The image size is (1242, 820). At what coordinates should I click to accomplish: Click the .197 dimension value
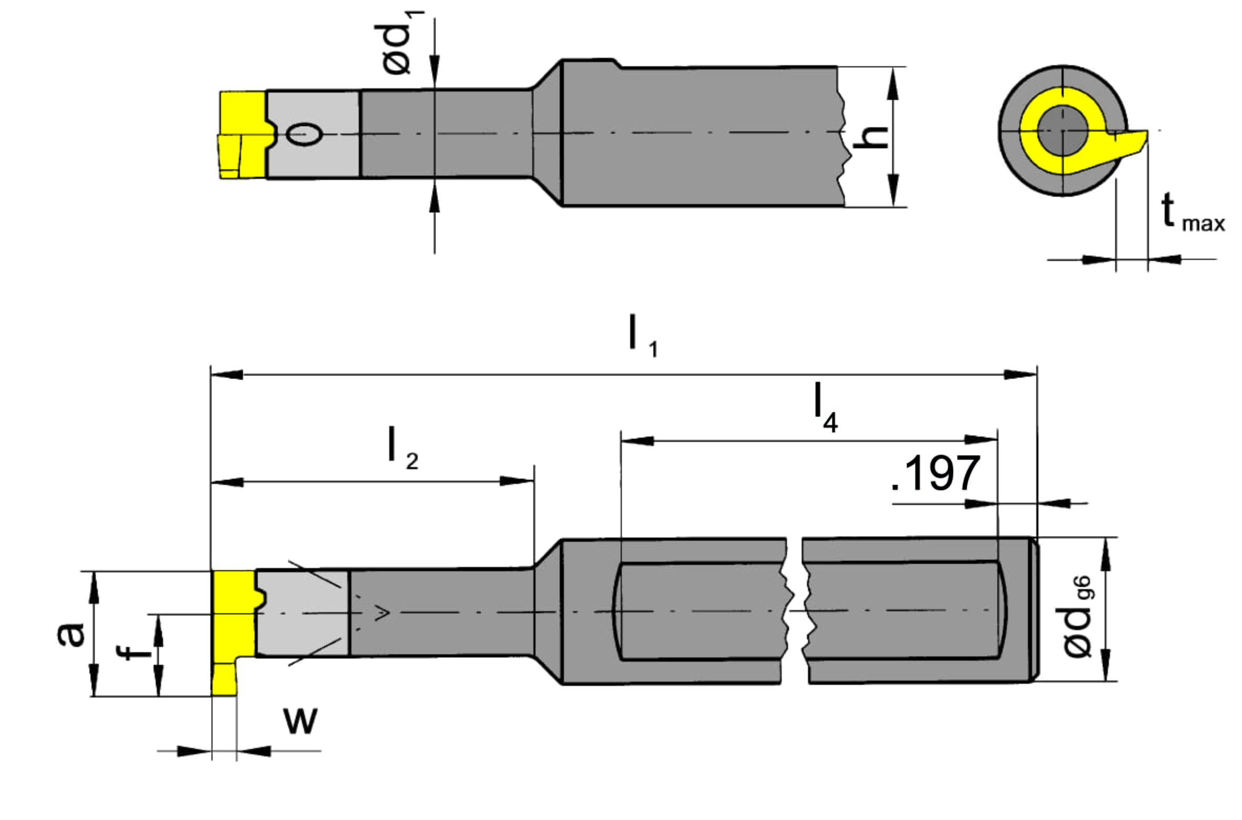point(936,473)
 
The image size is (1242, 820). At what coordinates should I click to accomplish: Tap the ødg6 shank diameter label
point(1077,616)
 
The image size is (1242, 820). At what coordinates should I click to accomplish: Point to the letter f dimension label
point(133,652)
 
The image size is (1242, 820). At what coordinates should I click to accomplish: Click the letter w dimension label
point(300,720)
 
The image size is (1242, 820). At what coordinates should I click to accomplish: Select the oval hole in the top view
point(305,134)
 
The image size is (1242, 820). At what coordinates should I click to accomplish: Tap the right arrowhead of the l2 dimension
point(516,481)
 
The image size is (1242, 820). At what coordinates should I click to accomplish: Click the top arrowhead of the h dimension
point(893,84)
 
